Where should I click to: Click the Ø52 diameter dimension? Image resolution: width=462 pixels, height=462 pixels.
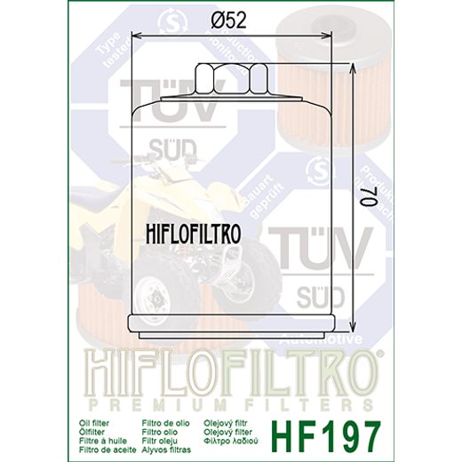point(230,20)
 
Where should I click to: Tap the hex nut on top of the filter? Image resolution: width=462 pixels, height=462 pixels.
point(233,81)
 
